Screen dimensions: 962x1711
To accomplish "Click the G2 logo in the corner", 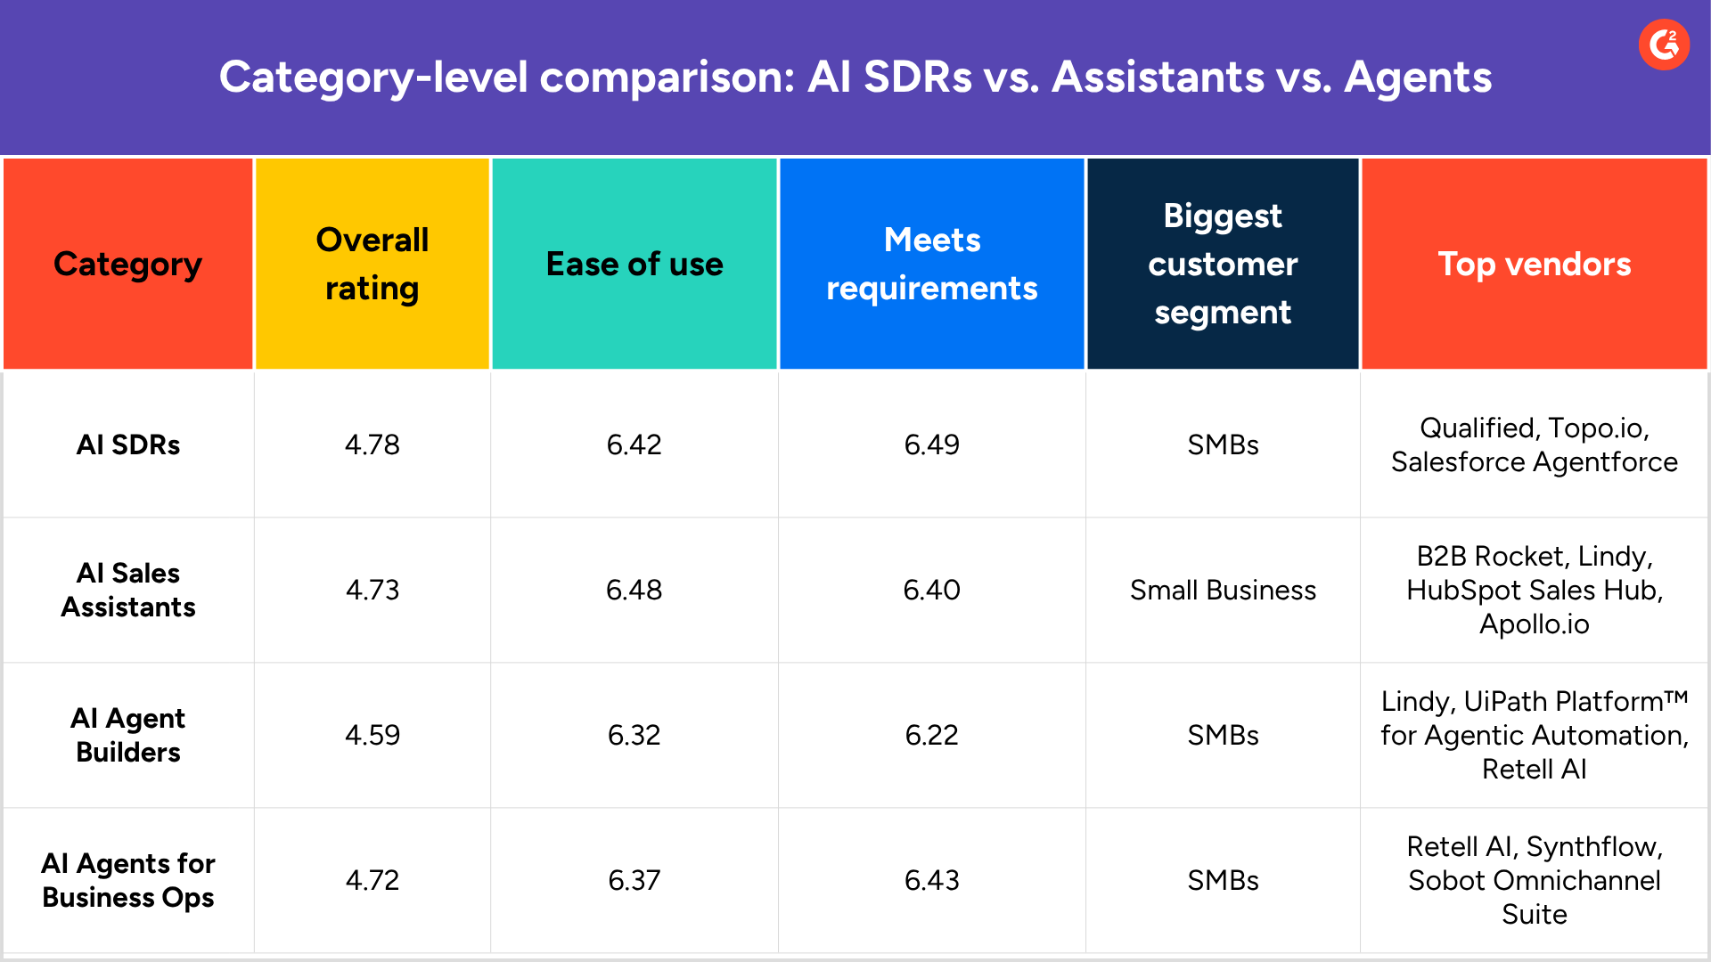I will pyautogui.click(x=1664, y=45).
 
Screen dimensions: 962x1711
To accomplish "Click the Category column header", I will pyautogui.click(x=128, y=264).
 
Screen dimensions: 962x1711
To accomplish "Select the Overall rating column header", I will pyautogui.click(x=372, y=264).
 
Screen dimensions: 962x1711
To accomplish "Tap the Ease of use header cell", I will pyautogui.click(x=634, y=264).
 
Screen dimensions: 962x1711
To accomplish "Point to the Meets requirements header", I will pyautogui.click(x=932, y=264).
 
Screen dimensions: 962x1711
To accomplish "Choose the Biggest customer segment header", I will pyautogui.click(x=1223, y=264).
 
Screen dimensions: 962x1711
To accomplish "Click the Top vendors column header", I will pyautogui.click(x=1534, y=264).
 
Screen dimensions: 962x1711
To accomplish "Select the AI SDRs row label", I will pyautogui.click(x=128, y=444).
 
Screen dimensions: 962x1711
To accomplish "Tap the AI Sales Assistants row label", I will pyautogui.click(x=128, y=590).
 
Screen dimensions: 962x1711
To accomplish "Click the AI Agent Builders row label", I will pyautogui.click(x=128, y=735).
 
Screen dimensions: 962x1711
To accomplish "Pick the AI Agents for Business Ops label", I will pyautogui.click(x=128, y=880).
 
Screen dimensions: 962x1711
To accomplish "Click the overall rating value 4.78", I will pyautogui.click(x=372, y=444).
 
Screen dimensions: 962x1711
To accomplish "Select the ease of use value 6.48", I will pyautogui.click(x=634, y=590).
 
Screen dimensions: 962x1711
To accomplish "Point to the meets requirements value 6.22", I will pyautogui.click(x=932, y=735).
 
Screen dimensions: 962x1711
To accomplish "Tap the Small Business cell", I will pyautogui.click(x=1223, y=590).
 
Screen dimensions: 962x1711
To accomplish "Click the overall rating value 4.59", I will pyautogui.click(x=372, y=735).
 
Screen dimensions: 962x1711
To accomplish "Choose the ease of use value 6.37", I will pyautogui.click(x=634, y=880).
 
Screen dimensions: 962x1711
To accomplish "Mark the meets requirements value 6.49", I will pyautogui.click(x=932, y=444).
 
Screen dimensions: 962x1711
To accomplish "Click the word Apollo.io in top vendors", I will pyautogui.click(x=1534, y=624).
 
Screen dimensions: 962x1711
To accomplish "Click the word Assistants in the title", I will pyautogui.click(x=1158, y=77).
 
